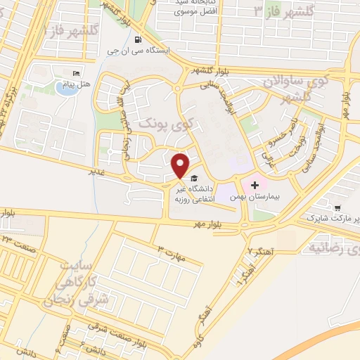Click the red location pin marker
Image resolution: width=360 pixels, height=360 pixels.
coord(181,165)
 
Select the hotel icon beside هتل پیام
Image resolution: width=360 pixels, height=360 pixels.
coord(77,73)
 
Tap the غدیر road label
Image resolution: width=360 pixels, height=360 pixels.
coord(96,171)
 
